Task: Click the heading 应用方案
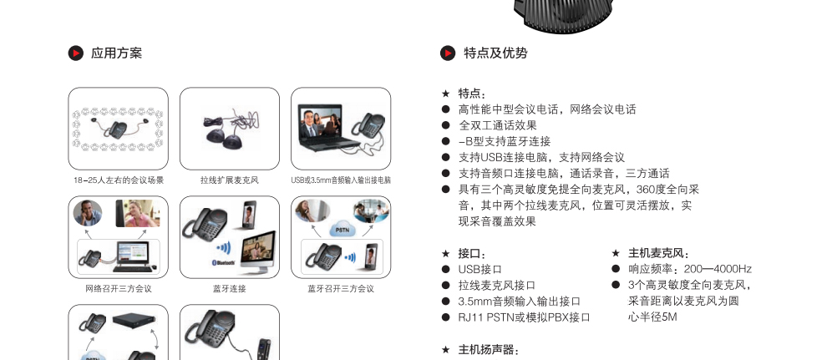(x=117, y=53)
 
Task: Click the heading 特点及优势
(x=495, y=53)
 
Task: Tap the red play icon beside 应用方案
(x=76, y=53)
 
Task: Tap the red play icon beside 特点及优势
(x=448, y=53)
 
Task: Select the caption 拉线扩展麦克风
(x=230, y=180)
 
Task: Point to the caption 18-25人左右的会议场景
(x=119, y=180)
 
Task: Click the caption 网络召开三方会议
(x=119, y=289)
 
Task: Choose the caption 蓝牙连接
(x=230, y=289)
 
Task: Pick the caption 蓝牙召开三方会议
(x=341, y=289)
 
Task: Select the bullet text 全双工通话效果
(x=498, y=125)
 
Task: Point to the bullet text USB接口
(x=480, y=269)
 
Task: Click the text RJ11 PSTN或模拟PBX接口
(x=525, y=317)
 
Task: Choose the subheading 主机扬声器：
(x=489, y=350)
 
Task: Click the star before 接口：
(x=446, y=254)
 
